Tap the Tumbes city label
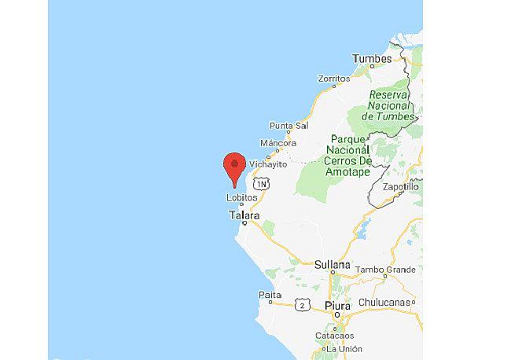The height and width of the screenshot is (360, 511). pyautogui.click(x=371, y=59)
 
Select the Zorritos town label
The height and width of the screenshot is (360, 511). pyautogui.click(x=333, y=79)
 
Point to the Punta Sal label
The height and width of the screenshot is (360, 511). pyautogui.click(x=289, y=125)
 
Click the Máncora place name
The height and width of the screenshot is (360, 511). pyautogui.click(x=278, y=143)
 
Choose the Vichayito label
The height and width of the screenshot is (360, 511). pyautogui.click(x=267, y=164)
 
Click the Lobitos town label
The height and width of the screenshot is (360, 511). pyautogui.click(x=241, y=198)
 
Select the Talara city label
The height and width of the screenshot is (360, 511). pyautogui.click(x=244, y=215)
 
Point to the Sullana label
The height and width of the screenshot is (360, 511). pyautogui.click(x=332, y=265)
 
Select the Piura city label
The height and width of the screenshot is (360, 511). pyautogui.click(x=339, y=305)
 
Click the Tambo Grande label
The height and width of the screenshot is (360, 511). pyautogui.click(x=384, y=270)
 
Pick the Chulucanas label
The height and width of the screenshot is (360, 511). pyautogui.click(x=385, y=302)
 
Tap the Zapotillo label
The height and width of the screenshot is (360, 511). pyautogui.click(x=400, y=187)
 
